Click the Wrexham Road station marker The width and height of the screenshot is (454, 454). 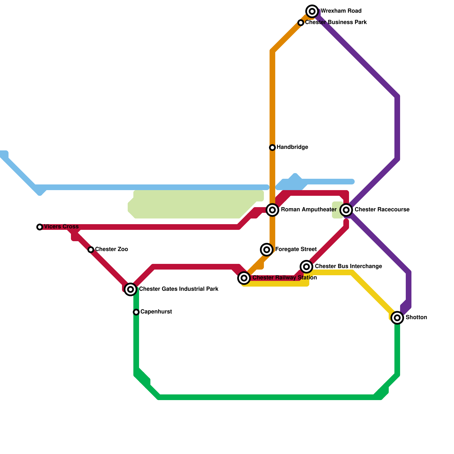click(312, 11)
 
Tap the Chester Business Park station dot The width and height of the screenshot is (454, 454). click(301, 23)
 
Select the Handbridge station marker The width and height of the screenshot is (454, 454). click(272, 148)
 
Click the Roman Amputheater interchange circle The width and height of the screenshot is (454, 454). click(272, 210)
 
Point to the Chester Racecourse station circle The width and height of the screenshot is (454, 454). click(346, 210)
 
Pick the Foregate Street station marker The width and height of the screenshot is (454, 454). click(267, 250)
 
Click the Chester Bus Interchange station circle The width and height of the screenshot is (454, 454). click(306, 267)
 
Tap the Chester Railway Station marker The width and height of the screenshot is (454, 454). click(244, 278)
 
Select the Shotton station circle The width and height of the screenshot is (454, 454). click(397, 318)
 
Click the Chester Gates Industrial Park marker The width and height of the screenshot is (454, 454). click(131, 289)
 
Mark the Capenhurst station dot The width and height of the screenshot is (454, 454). click(136, 312)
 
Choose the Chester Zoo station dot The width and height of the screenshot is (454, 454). click(91, 250)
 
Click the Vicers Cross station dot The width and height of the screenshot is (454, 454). click(40, 227)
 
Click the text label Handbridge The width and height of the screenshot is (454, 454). click(292, 147)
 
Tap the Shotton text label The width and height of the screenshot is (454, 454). click(416, 318)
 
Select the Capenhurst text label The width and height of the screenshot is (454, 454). click(156, 312)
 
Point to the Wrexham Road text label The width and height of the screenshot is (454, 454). click(341, 11)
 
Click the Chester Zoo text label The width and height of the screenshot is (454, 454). click(112, 249)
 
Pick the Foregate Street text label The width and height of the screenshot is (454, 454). click(296, 249)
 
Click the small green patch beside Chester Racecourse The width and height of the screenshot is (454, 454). click(337, 210)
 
